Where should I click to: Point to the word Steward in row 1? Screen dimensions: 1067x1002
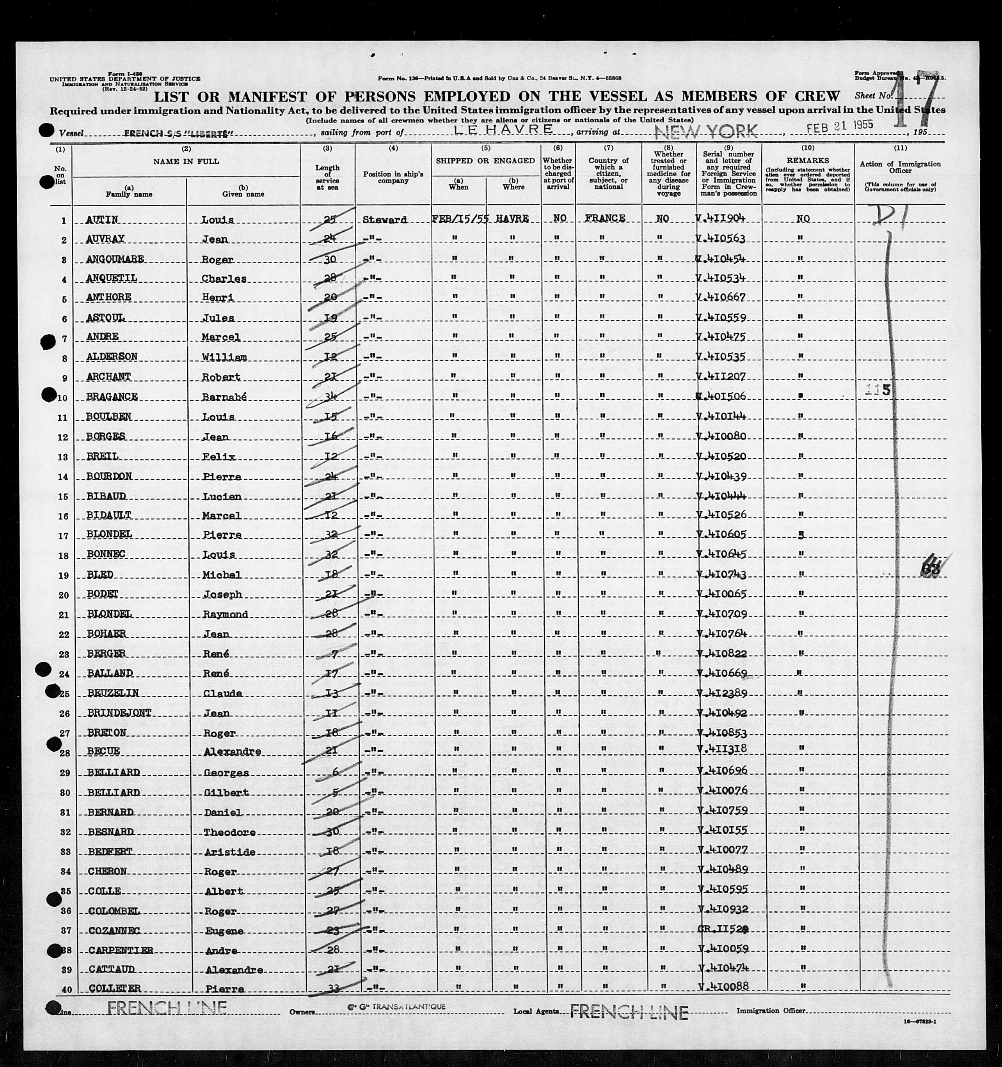pos(384,220)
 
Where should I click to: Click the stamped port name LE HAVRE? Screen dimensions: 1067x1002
pos(504,129)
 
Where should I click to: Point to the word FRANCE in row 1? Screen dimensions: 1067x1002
pos(606,218)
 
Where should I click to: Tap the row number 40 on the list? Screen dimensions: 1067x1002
pos(64,989)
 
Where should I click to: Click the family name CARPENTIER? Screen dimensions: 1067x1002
pos(120,950)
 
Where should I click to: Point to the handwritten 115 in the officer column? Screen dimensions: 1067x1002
pos(878,390)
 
